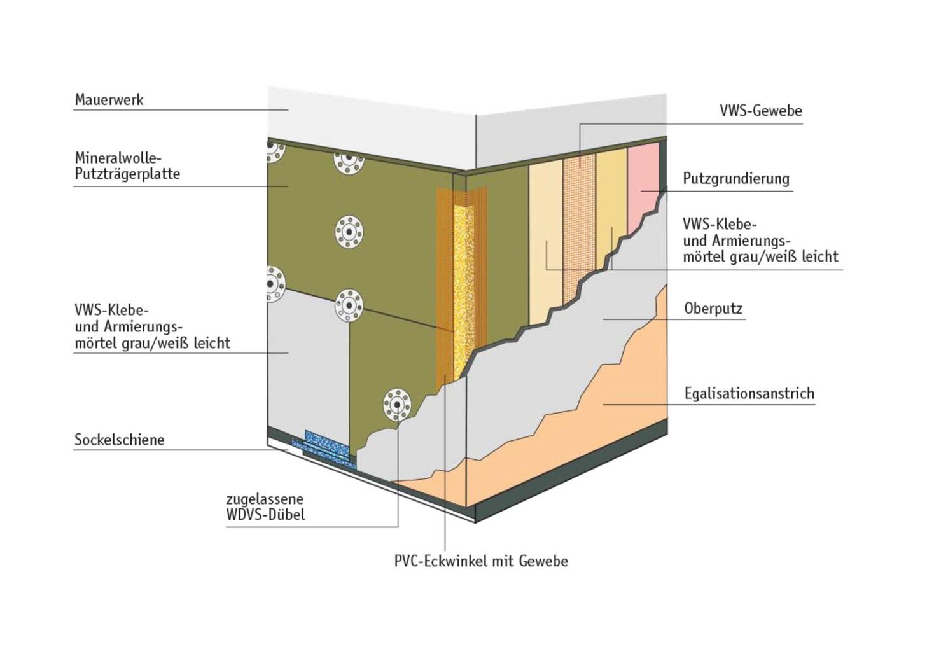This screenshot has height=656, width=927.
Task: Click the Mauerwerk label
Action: [x=109, y=100]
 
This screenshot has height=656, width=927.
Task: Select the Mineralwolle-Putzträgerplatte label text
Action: [x=127, y=165]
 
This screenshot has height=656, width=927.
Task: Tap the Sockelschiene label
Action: [x=119, y=440]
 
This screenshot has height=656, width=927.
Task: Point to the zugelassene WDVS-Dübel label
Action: [x=265, y=506]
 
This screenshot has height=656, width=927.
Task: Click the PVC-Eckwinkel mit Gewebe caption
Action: [x=481, y=561]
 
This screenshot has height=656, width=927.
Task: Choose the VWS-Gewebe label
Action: [x=761, y=111]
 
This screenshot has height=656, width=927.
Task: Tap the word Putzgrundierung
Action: [x=736, y=178]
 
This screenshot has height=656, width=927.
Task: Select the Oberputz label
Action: [x=713, y=309]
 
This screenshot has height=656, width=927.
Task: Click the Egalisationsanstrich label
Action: [x=749, y=393]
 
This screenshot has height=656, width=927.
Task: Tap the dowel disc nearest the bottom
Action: [x=397, y=405]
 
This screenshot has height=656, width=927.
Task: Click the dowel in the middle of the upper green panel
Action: [x=349, y=232]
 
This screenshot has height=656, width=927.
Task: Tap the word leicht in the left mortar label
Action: [x=212, y=343]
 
